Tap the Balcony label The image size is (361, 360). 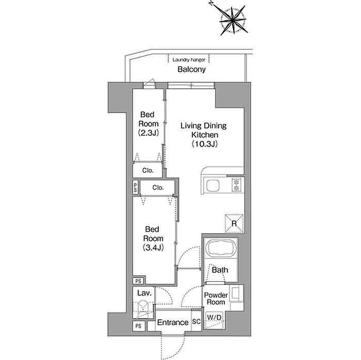(x=191, y=69)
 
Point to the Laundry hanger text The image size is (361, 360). (x=189, y=60)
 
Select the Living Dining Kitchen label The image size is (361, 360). (x=204, y=130)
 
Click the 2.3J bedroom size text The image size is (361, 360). (x=149, y=133)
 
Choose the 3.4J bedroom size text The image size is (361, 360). (x=153, y=248)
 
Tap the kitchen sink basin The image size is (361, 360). (x=212, y=186)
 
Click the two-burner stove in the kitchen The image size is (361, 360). (x=236, y=185)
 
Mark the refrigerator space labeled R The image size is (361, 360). (x=234, y=223)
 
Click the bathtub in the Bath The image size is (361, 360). (x=221, y=248)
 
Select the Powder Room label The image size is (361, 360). (x=216, y=298)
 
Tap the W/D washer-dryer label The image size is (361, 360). (x=214, y=317)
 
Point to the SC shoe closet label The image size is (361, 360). (x=196, y=321)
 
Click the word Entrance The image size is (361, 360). (x=173, y=322)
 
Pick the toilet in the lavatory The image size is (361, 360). (x=143, y=308)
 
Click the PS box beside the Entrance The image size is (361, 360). (x=138, y=326)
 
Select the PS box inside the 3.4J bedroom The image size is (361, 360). (x=138, y=281)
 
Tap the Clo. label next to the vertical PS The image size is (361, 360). (x=158, y=188)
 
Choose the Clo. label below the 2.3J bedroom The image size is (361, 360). (x=148, y=171)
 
